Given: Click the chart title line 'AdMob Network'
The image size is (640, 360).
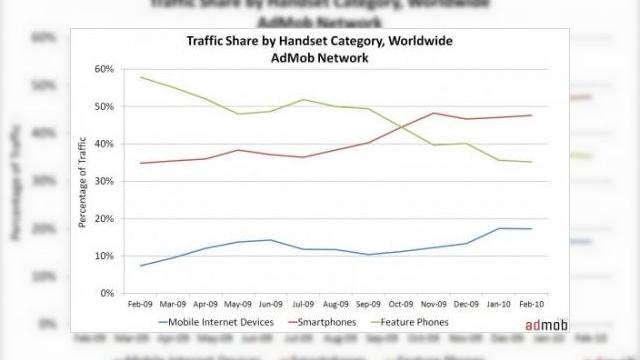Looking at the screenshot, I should (319, 58).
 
